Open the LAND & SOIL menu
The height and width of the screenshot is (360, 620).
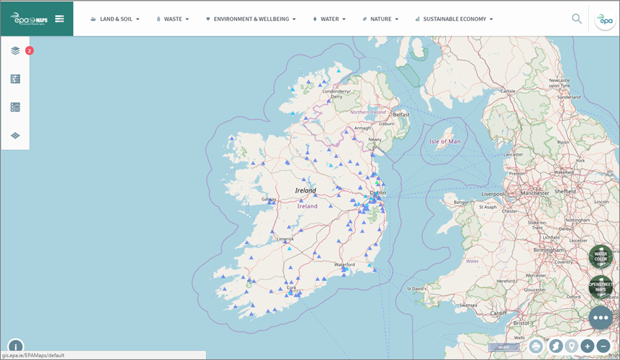coord(115,19)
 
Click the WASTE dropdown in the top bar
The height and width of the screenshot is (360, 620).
coord(172,19)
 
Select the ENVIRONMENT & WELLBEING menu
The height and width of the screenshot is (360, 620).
coord(251,19)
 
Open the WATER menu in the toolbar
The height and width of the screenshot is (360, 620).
coord(330,19)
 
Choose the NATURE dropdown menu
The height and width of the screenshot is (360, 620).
coord(381,19)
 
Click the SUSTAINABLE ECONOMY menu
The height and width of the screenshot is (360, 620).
coord(454,19)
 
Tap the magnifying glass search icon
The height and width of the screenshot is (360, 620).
coord(577,19)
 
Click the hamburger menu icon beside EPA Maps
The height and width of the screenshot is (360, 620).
coord(60,19)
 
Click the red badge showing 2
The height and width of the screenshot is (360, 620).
coord(29,50)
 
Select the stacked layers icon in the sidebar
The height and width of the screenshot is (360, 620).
coord(15,51)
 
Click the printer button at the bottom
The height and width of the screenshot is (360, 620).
coord(536,346)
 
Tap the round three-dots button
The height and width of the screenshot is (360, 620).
coord(601,317)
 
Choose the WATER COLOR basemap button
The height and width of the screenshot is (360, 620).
coord(601,257)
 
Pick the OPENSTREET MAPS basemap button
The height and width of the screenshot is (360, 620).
coord(601,287)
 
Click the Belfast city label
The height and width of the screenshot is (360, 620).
coord(401,114)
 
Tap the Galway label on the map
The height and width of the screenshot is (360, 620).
coord(269,199)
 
